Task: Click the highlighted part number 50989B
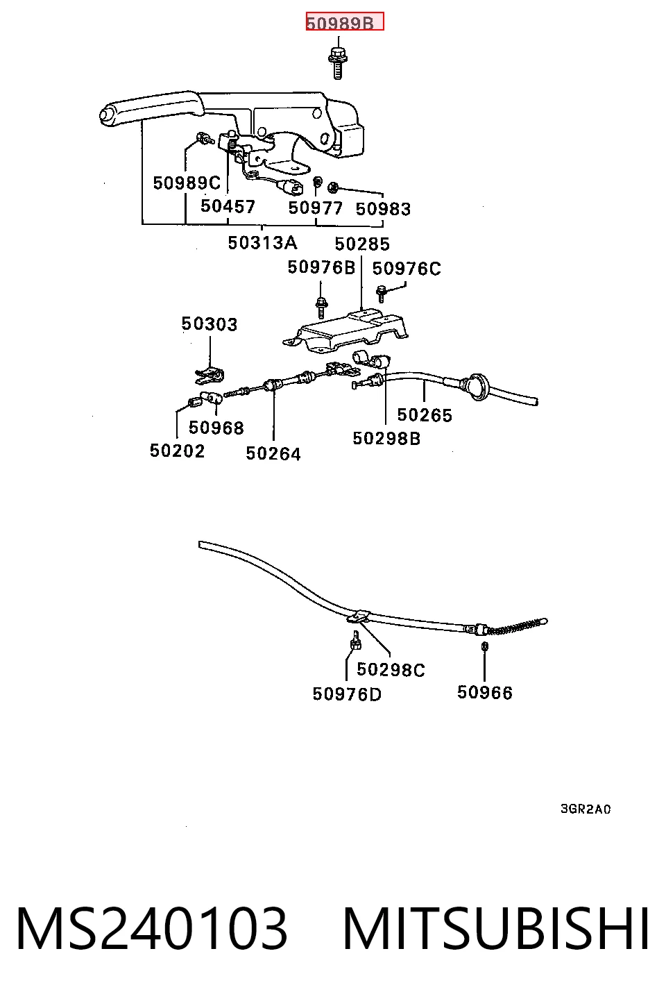[x=345, y=22]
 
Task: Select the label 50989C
[x=187, y=183]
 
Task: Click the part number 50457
[x=228, y=206]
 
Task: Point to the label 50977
[x=315, y=208]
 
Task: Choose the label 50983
[x=383, y=209]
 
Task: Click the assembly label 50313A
[x=262, y=243]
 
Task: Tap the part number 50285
[x=362, y=244]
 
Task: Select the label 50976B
[x=321, y=267]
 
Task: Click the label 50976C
[x=407, y=269]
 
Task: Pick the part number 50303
[x=209, y=324]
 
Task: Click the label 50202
[x=177, y=451]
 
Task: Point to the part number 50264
[x=273, y=453]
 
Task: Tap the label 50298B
[x=386, y=438]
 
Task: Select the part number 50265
[x=425, y=415]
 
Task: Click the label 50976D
[x=347, y=694]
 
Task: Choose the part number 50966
[x=485, y=693]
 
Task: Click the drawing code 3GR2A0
[x=586, y=809]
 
